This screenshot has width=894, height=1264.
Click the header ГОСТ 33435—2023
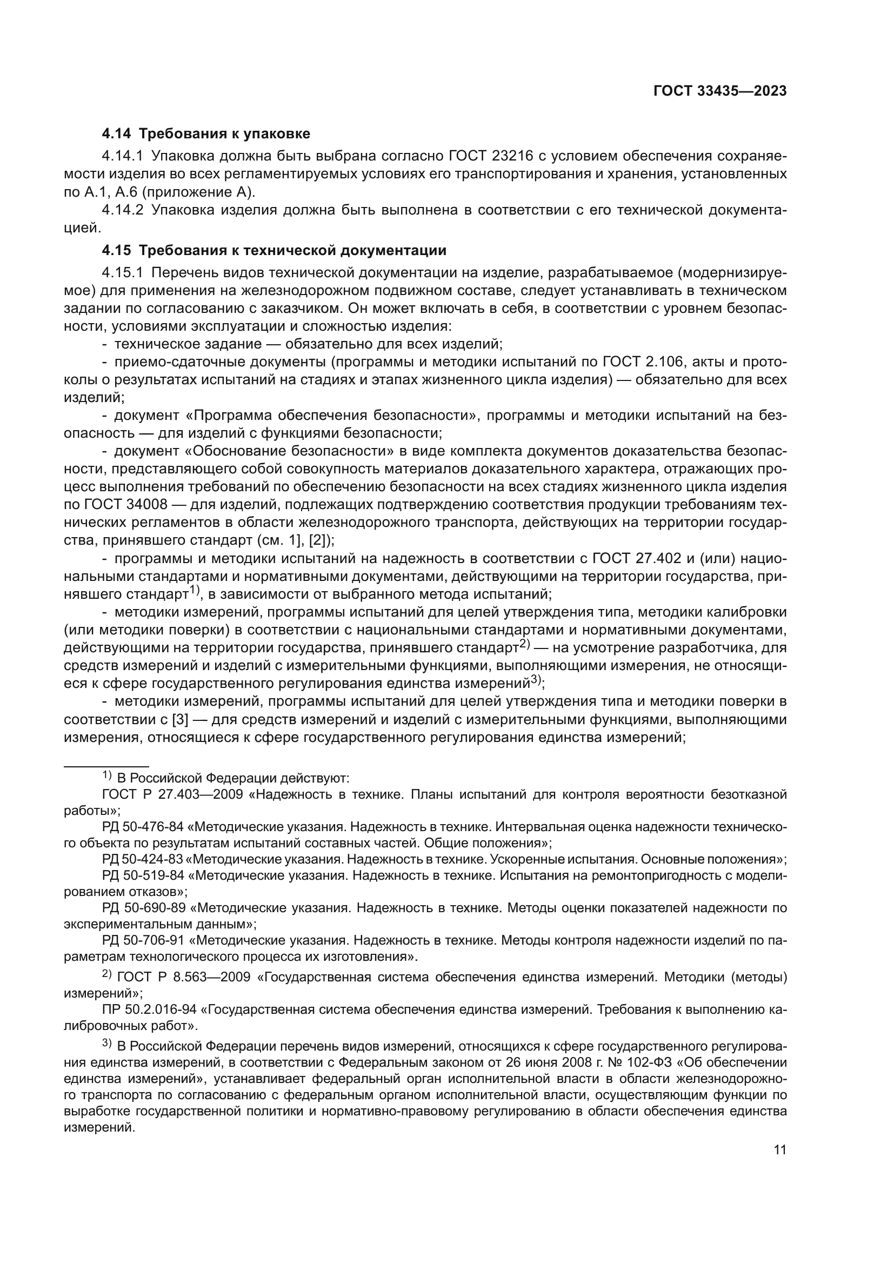719,91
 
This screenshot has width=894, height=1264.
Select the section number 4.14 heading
116,134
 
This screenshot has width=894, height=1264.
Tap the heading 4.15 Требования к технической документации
273,251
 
